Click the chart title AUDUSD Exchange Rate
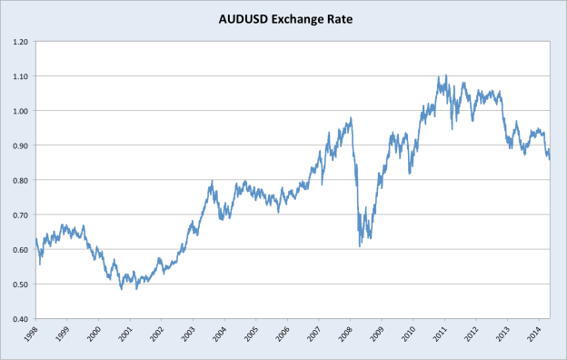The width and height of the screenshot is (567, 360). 283,17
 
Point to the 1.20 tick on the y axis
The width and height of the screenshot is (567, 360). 19,42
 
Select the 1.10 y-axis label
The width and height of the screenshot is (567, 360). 19,76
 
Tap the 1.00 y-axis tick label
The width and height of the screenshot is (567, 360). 19,111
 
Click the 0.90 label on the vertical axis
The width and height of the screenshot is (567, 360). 19,145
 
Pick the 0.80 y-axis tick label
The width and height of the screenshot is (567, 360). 19,180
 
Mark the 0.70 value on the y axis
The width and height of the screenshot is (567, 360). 19,215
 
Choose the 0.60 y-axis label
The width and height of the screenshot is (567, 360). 19,250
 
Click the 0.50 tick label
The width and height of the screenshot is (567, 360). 19,285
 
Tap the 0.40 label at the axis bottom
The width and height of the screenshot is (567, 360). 19,319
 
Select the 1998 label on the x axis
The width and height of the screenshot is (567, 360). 31,334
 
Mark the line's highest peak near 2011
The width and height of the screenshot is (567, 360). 445,75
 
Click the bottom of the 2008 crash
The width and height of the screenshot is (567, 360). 360,246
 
